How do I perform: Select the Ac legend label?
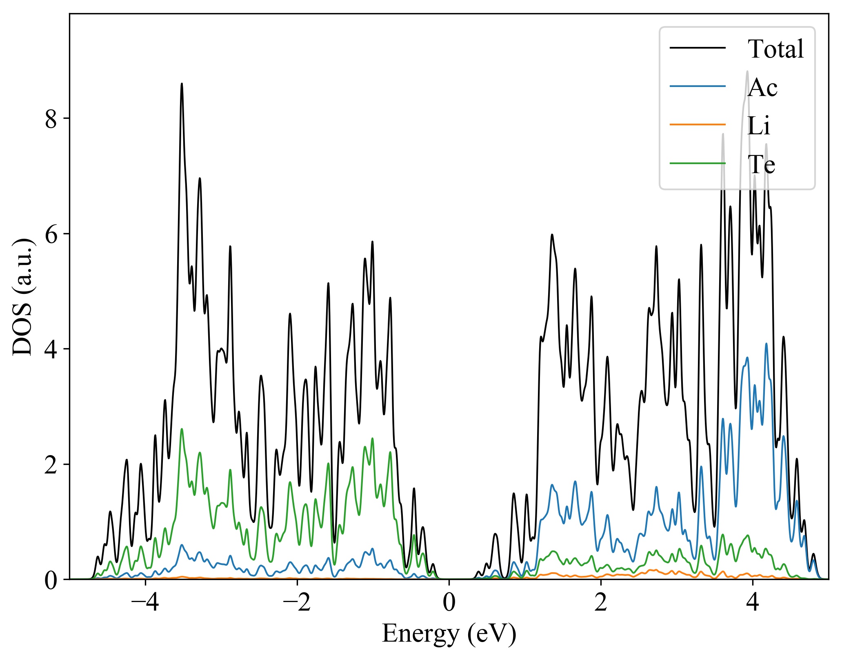click(762, 87)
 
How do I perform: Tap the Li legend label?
click(758, 126)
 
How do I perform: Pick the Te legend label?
click(761, 164)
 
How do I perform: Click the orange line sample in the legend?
click(698, 124)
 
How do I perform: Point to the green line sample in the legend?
click(698, 163)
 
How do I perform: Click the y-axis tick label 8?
click(51, 119)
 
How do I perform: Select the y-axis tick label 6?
click(51, 234)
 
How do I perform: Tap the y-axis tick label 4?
click(51, 349)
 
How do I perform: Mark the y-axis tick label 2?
click(51, 465)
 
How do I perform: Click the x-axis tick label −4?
click(145, 602)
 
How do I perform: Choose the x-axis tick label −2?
click(297, 602)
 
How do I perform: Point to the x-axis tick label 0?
click(449, 602)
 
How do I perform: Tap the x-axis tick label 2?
click(601, 602)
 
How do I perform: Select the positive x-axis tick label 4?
click(753, 602)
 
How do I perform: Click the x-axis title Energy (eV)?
click(449, 633)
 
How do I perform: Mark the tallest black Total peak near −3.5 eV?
click(182, 84)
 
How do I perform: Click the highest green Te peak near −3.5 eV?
click(182, 429)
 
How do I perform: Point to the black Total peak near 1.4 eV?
click(552, 235)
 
